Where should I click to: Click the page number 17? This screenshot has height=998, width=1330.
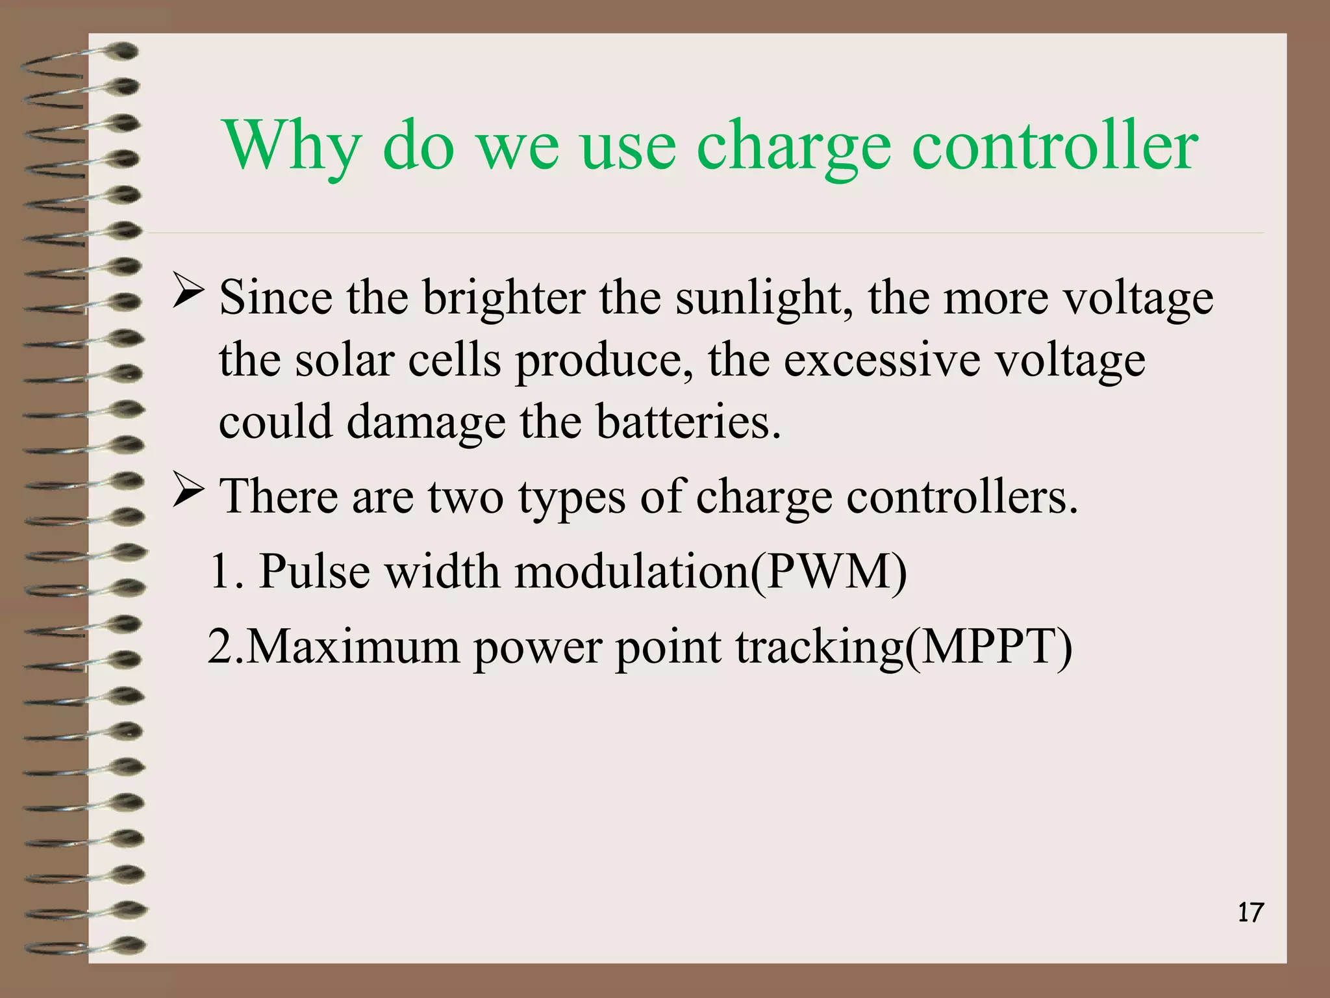(1250, 913)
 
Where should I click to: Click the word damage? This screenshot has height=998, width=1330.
(425, 422)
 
